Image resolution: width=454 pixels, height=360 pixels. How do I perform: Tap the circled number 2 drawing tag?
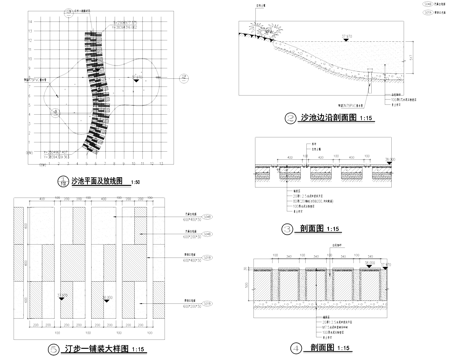click(291, 118)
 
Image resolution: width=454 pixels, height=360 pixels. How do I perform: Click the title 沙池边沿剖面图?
click(327, 118)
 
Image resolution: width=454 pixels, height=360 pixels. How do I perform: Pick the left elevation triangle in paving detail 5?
click(62, 297)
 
